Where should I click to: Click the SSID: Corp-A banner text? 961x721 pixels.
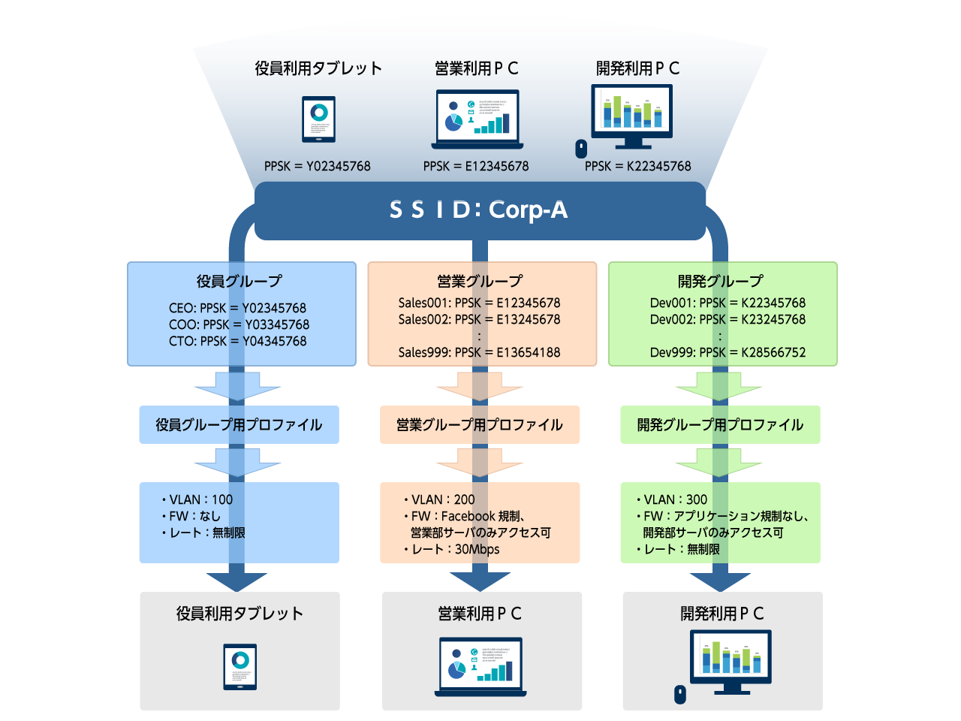point(479,210)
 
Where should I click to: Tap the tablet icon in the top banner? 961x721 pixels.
point(318,119)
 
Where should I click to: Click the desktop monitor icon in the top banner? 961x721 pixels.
point(631,115)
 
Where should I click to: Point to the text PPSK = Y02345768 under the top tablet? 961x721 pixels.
point(317,166)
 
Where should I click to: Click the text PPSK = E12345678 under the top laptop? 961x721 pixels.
point(476,166)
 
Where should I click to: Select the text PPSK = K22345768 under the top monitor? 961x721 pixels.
point(637,166)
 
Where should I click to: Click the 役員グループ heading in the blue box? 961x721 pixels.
point(239,281)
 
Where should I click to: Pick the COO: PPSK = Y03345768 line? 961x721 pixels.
point(239,324)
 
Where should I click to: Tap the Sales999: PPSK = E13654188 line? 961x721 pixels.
point(479,352)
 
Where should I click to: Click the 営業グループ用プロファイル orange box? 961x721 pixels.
point(479,425)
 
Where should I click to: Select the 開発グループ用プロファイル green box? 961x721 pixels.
point(719,425)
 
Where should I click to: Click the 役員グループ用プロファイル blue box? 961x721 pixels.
point(239,425)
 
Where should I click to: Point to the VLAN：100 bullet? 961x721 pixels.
point(197,499)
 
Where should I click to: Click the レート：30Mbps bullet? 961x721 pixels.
point(452,549)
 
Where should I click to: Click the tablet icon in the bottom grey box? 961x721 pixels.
point(240,666)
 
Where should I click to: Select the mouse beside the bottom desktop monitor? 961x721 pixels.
point(680,695)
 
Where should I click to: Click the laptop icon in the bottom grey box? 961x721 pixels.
point(480,666)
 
